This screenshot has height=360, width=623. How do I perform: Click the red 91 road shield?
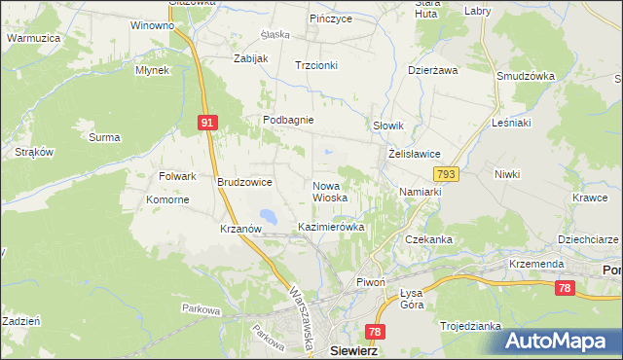206,123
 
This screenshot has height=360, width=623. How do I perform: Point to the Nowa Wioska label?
330,191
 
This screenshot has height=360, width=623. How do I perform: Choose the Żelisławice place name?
416,154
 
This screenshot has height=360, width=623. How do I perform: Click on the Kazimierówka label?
331,227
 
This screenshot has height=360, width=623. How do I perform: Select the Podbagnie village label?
287,120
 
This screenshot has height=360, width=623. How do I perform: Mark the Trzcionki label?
316,65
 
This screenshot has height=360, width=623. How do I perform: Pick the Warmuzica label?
34,38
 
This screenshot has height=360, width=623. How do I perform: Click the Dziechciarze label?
587,238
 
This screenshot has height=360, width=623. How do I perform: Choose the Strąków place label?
34,153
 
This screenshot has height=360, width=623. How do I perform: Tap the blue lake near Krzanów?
267,216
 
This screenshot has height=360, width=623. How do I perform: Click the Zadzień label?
20,320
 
